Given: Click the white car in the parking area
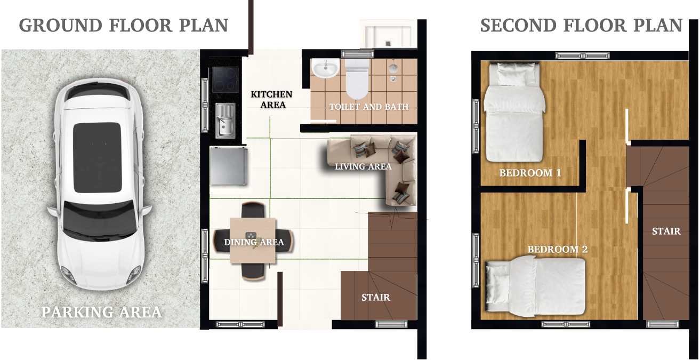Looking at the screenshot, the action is (x=99, y=185).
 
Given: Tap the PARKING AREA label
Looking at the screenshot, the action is (x=102, y=312).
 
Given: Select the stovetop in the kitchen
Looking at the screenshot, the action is (x=225, y=79).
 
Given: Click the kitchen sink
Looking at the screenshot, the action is (x=226, y=121).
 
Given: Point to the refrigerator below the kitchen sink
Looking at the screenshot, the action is (x=229, y=166).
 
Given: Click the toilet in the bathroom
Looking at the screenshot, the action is (x=357, y=79).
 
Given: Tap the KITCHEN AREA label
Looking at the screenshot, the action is (x=271, y=99).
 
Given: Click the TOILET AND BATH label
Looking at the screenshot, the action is (x=369, y=107).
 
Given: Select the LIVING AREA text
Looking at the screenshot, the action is (x=363, y=166).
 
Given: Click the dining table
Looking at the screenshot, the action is (x=253, y=241).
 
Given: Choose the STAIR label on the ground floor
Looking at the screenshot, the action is (x=376, y=297).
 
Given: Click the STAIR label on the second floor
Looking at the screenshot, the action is (x=666, y=231).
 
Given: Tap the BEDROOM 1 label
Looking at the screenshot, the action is (x=530, y=173).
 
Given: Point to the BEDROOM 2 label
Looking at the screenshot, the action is (x=558, y=250).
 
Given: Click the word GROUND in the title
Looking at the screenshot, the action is (x=61, y=25).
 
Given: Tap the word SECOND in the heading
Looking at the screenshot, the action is (x=519, y=25).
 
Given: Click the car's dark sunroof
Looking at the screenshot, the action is (x=97, y=157).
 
